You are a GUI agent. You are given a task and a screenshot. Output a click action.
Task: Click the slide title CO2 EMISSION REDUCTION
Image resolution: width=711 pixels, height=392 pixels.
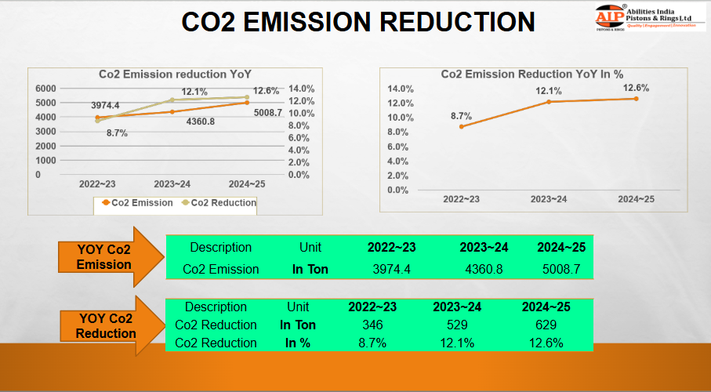coord(357,22)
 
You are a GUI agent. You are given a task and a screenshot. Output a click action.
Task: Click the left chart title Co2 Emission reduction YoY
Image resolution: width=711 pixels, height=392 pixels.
coord(174,74)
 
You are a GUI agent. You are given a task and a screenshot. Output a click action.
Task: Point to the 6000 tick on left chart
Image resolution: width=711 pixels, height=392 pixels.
coord(45,89)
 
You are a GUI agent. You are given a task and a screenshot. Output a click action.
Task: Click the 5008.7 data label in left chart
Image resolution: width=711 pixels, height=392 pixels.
coord(267,113)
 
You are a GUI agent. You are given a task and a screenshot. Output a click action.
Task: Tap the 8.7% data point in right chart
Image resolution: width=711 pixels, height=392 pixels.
coord(461,126)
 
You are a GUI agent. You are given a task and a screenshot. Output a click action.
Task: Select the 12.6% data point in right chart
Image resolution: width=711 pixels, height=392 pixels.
coord(636,99)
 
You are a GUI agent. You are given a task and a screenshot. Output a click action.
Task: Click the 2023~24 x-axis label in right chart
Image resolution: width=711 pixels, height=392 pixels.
coord(548,200)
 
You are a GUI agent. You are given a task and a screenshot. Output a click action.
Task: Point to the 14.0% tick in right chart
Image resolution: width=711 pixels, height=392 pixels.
coord(401,89)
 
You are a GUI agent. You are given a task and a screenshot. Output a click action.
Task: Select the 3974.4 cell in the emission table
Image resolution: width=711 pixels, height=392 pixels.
coord(391,269)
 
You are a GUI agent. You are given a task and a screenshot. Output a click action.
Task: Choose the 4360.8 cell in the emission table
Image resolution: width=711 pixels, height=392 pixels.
coord(484,269)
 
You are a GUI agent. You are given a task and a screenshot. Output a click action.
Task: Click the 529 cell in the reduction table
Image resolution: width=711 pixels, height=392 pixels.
coord(457,325)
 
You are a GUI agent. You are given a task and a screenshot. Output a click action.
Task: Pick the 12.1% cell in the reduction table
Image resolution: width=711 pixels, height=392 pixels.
coord(457,343)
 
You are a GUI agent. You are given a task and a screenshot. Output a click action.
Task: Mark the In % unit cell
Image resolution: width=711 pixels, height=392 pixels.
coord(297,343)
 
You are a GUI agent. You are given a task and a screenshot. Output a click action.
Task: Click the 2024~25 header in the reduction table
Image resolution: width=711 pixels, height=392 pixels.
coord(546,307)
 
